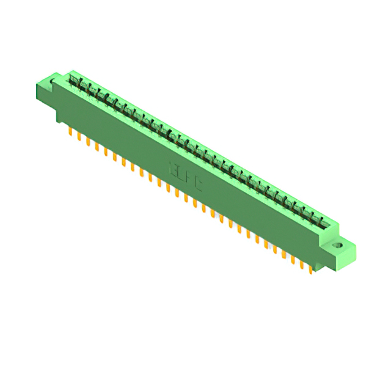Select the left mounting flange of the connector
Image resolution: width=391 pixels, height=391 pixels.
(x=46, y=92)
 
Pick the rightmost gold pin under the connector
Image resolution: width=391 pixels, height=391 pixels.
(x=311, y=269)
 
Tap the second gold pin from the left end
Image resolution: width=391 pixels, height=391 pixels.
(x=79, y=136)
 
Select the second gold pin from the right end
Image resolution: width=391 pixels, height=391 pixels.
(x=302, y=264)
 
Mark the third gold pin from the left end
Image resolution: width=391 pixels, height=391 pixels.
(x=88, y=141)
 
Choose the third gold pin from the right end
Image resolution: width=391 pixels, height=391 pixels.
(x=293, y=259)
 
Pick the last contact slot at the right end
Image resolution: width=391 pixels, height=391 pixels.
(x=323, y=222)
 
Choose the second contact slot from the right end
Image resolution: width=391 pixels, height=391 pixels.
(x=313, y=217)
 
